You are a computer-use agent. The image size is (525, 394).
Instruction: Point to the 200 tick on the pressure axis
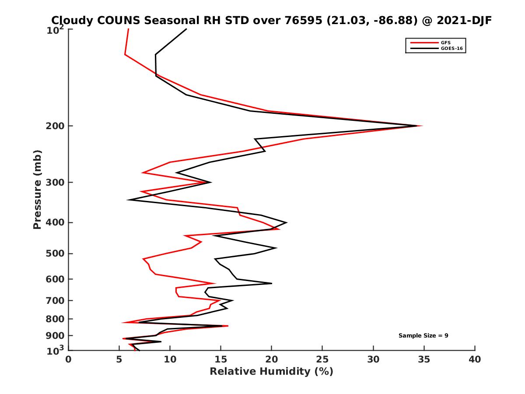(56, 126)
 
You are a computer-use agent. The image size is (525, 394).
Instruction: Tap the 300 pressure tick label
(56, 182)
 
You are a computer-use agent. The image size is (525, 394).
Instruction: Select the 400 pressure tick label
(56, 222)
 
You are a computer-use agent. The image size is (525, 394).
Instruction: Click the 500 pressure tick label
(56, 253)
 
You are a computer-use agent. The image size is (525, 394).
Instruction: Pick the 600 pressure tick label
(56, 279)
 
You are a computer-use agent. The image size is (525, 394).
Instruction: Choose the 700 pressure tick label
(56, 300)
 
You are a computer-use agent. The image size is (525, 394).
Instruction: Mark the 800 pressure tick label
(56, 319)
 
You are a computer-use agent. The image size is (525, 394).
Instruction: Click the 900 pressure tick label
(56, 335)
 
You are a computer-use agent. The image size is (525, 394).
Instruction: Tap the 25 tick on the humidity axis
(322, 359)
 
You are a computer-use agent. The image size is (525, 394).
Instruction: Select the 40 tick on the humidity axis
(475, 359)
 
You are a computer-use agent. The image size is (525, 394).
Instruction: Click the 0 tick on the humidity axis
(69, 359)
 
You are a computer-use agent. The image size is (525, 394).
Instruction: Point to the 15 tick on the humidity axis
(221, 359)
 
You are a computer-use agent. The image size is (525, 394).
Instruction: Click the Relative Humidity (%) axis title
(271, 372)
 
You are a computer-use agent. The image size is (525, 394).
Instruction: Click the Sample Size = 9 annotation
(423, 336)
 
